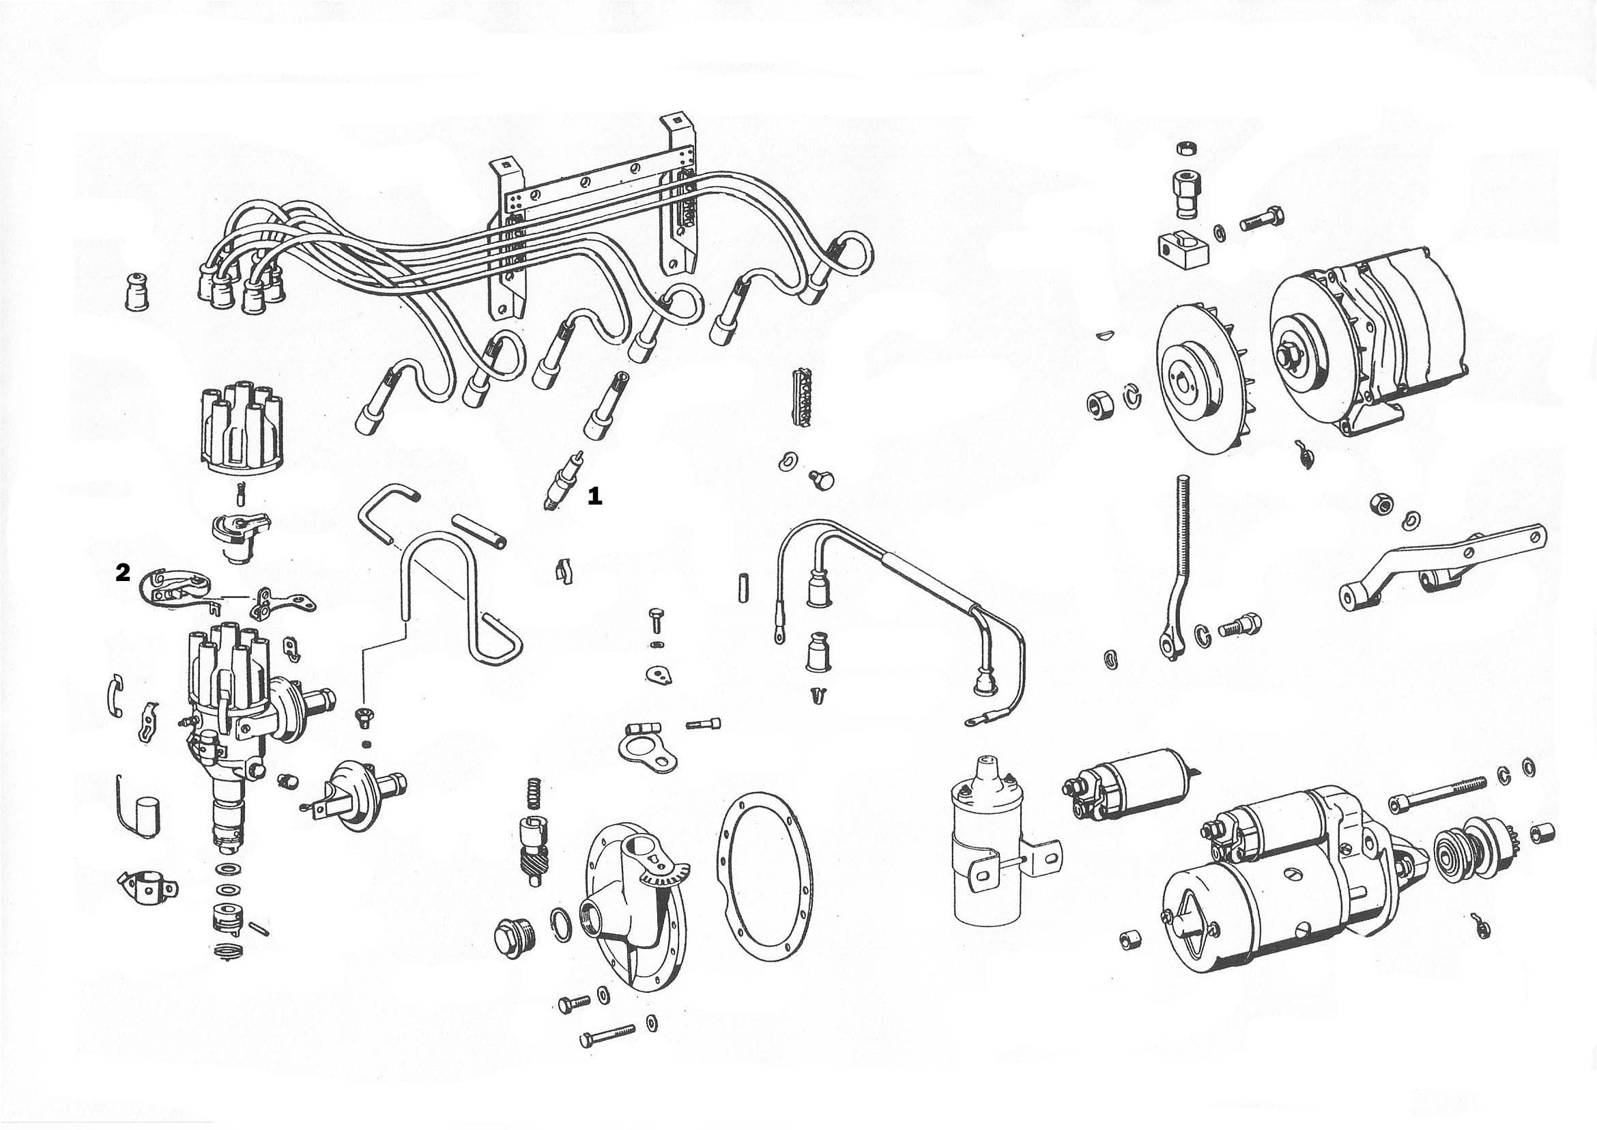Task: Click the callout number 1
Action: [x=594, y=496]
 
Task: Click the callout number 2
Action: [x=122, y=574]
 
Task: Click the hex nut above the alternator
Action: [x=1184, y=148]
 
